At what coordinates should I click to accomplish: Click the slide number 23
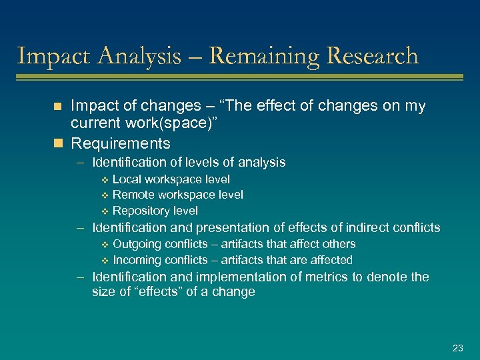[457, 348]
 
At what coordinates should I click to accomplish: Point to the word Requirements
[121, 143]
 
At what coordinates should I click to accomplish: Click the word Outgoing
[137, 244]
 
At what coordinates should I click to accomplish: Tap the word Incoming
[137, 260]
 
